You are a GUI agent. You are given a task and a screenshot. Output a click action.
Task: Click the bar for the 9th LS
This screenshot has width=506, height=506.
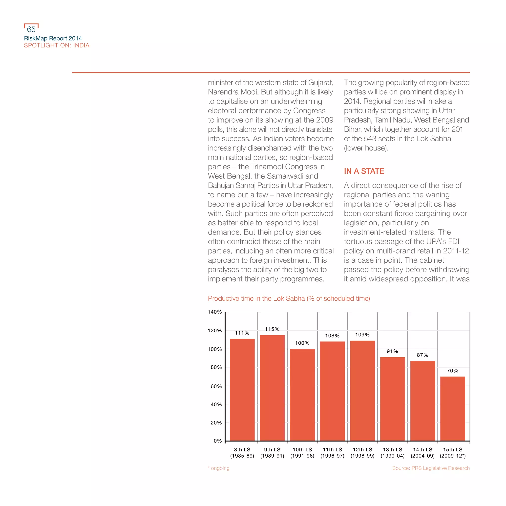click(272, 388)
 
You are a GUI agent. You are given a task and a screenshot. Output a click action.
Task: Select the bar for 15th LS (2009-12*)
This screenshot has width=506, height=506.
click(453, 409)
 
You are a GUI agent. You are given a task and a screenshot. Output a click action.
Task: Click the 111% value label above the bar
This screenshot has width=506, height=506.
click(242, 333)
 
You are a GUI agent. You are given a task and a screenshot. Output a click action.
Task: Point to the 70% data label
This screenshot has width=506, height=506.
click(453, 371)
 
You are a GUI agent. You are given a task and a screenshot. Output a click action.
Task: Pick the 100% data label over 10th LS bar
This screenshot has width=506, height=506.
click(302, 343)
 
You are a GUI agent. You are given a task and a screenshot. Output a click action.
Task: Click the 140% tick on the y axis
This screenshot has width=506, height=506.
click(215, 312)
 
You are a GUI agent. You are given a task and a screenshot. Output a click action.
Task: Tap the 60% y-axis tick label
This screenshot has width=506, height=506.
click(216, 386)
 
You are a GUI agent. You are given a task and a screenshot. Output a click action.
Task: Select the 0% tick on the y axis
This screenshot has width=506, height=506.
click(218, 441)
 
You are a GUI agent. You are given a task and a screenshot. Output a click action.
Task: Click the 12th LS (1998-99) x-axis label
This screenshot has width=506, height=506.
click(362, 453)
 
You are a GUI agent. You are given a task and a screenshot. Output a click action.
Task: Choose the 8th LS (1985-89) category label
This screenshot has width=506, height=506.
click(242, 453)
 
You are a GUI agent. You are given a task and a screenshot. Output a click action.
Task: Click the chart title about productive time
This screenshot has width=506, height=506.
click(289, 298)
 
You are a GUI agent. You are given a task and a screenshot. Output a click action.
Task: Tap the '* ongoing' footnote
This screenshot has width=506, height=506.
click(219, 468)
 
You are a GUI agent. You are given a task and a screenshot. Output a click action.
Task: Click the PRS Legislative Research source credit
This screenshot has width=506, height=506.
click(431, 468)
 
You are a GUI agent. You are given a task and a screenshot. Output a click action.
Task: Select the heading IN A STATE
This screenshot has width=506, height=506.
click(364, 171)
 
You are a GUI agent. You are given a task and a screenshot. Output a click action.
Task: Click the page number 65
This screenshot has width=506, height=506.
click(31, 29)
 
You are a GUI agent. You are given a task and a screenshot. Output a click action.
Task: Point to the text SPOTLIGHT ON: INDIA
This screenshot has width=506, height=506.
click(57, 45)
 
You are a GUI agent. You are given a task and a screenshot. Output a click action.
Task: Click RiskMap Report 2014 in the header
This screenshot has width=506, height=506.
click(53, 39)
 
